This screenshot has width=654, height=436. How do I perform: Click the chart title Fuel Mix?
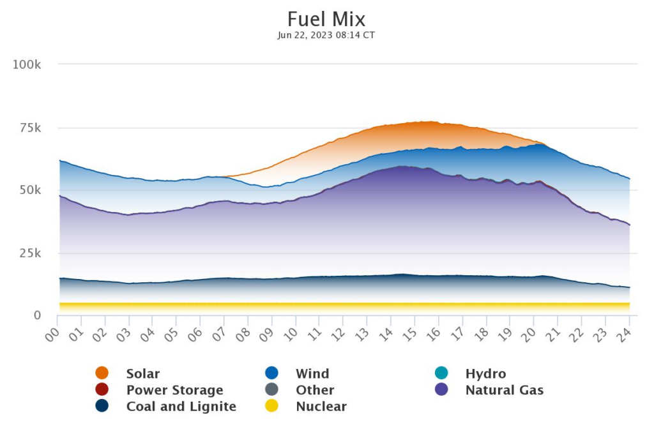click(326, 19)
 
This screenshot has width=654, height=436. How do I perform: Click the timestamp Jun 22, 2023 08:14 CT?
click(326, 35)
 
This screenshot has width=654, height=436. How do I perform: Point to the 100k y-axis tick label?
click(27, 64)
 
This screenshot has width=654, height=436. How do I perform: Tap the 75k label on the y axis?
click(29, 128)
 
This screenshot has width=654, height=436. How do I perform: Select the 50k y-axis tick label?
click(29, 190)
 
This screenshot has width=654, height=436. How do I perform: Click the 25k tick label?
click(29, 253)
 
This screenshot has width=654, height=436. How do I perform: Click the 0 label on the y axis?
click(37, 315)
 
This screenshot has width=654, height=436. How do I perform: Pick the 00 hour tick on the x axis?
click(52, 333)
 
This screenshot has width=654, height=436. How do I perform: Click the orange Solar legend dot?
click(102, 373)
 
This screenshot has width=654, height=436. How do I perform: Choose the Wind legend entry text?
click(312, 373)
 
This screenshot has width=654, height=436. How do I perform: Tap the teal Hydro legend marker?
click(441, 373)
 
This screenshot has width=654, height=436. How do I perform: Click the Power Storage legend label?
click(174, 390)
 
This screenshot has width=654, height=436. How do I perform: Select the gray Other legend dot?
click(271, 390)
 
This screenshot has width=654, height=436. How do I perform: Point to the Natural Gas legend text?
click(505, 390)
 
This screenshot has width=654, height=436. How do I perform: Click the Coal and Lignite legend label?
click(181, 407)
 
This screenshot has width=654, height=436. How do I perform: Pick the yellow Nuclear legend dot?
click(271, 407)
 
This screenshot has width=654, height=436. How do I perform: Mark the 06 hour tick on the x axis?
click(195, 333)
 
